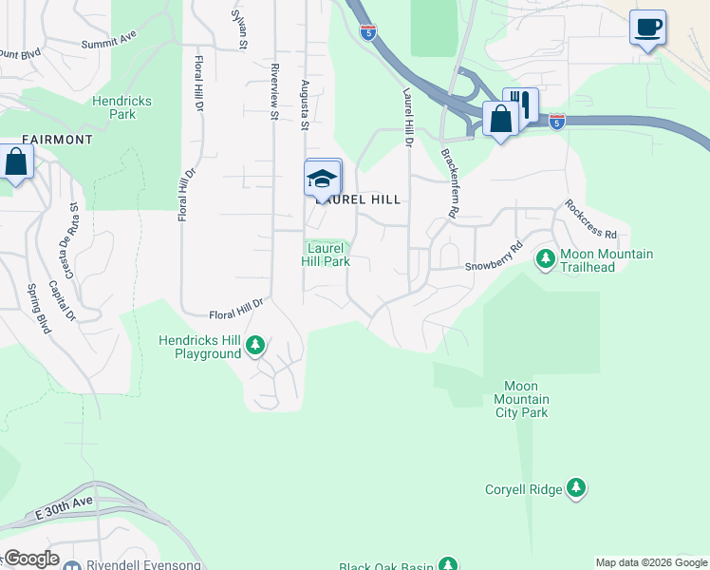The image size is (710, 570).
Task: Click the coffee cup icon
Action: click(x=647, y=27)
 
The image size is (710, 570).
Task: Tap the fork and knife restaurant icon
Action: click(x=520, y=104)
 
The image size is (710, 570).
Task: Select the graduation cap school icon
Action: click(x=323, y=178)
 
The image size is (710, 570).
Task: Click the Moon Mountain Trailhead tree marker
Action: click(x=546, y=258)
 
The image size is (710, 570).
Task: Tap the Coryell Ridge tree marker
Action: click(x=575, y=488)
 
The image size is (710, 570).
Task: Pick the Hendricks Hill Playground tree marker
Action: click(x=254, y=346)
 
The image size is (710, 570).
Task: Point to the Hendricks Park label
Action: click(x=121, y=107)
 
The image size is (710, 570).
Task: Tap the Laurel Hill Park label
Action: click(x=326, y=255)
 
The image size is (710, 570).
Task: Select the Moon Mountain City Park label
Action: click(x=521, y=399)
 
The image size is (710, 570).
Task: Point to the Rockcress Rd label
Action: click(x=590, y=219)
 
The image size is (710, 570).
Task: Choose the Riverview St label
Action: click(x=273, y=91)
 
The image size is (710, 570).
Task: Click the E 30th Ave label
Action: click(x=65, y=508)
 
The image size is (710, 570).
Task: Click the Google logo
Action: click(x=30, y=559)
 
